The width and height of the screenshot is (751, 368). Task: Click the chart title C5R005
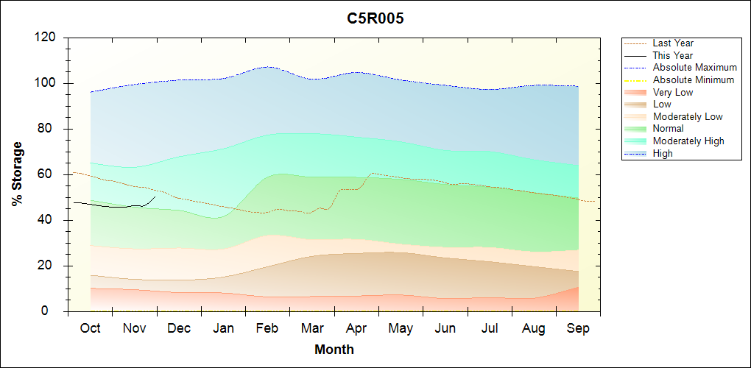[x=375, y=19]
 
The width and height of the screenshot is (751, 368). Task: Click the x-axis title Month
[x=334, y=350]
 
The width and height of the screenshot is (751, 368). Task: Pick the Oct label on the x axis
[x=90, y=328]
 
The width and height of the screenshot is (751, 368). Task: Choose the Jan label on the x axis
[x=223, y=328]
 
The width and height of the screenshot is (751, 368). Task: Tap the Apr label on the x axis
[x=356, y=328]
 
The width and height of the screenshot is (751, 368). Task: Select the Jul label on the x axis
[x=490, y=328]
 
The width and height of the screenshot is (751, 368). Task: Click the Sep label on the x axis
[x=578, y=328]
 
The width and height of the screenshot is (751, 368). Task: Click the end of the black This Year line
[x=155, y=197]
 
